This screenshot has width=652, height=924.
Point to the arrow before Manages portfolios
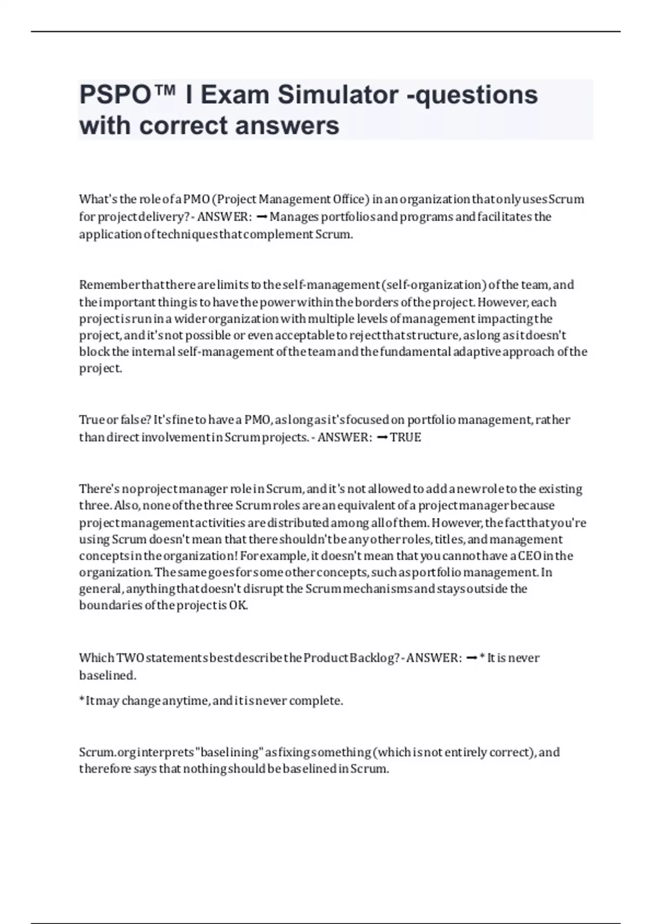[260, 217]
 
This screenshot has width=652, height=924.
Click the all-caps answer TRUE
[405, 438]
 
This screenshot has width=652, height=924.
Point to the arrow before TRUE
[381, 438]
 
